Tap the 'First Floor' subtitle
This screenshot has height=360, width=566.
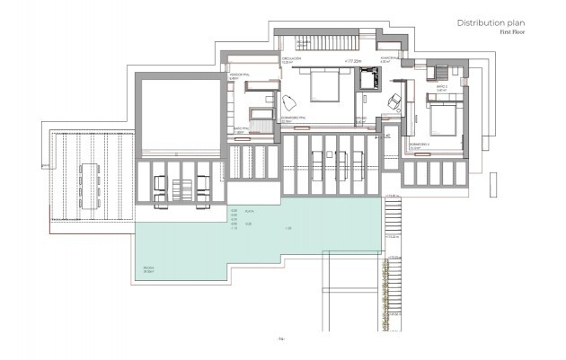coord(513,32)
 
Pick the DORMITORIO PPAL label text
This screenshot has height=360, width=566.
coord(296,117)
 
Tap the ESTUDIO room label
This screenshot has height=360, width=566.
coord(360,118)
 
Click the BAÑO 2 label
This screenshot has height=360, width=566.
coord(441,89)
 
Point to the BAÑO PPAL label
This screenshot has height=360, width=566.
coord(241,129)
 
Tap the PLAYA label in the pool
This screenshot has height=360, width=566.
coord(250,210)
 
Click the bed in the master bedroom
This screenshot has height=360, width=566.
coord(324,86)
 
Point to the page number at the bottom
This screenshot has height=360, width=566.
coord(281,339)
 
